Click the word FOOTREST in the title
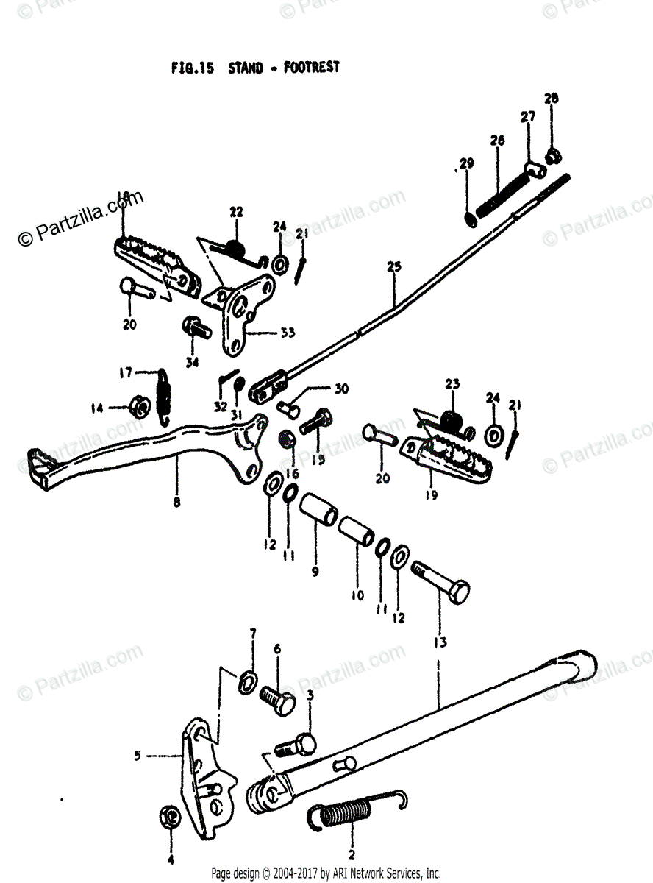(310, 67)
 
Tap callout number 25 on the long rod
(394, 268)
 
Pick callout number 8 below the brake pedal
(176, 503)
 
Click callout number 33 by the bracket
(287, 333)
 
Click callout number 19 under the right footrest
(431, 495)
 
